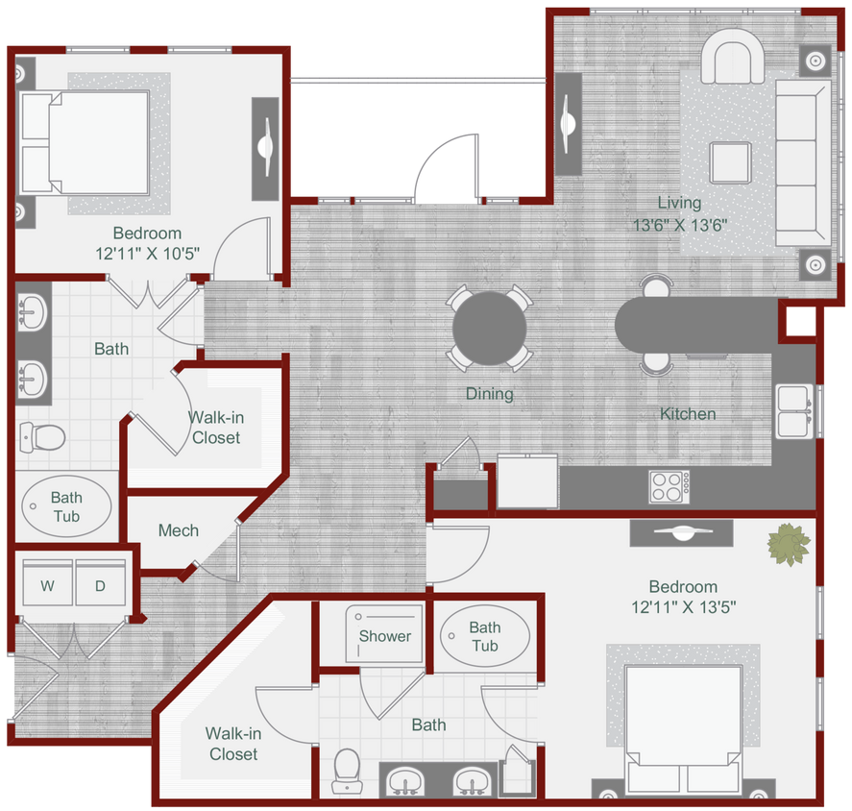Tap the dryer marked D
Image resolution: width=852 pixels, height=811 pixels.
click(100, 586)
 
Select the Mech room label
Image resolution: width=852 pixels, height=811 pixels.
click(178, 530)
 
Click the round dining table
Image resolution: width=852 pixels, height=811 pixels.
click(490, 330)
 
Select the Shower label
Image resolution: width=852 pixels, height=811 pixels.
click(384, 635)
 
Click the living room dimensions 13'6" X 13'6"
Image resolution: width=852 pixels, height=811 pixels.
click(679, 226)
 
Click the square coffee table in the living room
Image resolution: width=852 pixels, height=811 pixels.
click(731, 161)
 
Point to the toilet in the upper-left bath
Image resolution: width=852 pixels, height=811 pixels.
click(40, 437)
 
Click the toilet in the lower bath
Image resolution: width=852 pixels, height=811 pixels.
click(345, 770)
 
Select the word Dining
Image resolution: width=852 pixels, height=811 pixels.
click(489, 393)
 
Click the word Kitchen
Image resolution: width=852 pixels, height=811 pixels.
click(687, 414)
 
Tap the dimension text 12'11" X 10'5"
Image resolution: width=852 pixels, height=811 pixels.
click(147, 255)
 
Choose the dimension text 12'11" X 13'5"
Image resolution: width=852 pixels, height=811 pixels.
click(683, 607)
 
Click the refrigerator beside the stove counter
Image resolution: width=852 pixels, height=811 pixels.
click(527, 481)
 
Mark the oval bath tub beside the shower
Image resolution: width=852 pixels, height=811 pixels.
click(484, 636)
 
